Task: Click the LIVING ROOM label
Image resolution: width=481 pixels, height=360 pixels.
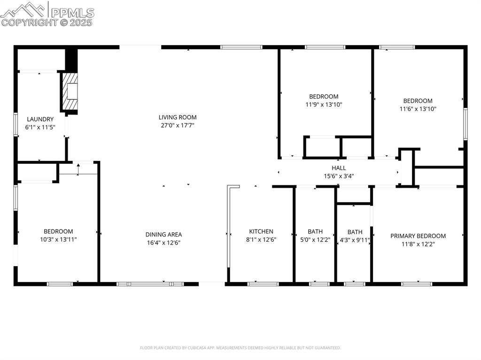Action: pyautogui.click(x=177, y=117)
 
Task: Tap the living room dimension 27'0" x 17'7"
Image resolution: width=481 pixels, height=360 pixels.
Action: pyautogui.click(x=177, y=125)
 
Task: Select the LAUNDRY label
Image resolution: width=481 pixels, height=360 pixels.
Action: pyautogui.click(x=40, y=119)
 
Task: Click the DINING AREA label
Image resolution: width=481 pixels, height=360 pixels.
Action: pyautogui.click(x=163, y=235)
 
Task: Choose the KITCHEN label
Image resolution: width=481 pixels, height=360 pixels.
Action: pyautogui.click(x=261, y=231)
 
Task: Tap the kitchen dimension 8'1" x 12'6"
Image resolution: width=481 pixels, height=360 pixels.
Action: pyautogui.click(x=261, y=239)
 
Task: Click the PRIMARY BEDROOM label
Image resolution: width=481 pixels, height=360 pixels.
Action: pyautogui.click(x=418, y=236)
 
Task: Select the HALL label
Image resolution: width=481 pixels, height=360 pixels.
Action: pyautogui.click(x=339, y=168)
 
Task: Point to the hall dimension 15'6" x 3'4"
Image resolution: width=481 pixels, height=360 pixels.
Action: pyautogui.click(x=339, y=176)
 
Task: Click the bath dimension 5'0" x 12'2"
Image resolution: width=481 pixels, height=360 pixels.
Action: pyautogui.click(x=315, y=239)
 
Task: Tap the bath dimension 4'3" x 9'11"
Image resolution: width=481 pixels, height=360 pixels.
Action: pyautogui.click(x=355, y=240)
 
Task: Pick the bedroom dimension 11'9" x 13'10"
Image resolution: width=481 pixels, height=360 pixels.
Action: pyautogui.click(x=324, y=105)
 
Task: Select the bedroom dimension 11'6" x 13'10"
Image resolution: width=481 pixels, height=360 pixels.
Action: pyautogui.click(x=418, y=109)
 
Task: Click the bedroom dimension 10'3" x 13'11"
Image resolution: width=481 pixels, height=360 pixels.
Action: pyautogui.click(x=58, y=239)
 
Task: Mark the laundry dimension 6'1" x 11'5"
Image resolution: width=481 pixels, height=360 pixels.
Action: pyautogui.click(x=40, y=127)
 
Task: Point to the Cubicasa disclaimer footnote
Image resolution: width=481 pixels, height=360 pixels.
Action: pyautogui.click(x=240, y=348)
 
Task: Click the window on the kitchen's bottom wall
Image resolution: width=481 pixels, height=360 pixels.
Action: pyautogui.click(x=263, y=283)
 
